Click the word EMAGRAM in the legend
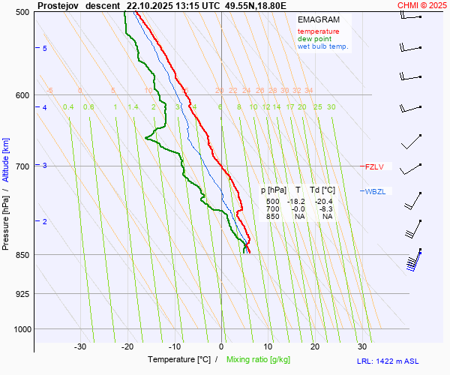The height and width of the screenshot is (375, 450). [x=319, y=19]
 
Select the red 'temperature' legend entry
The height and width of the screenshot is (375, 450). [x=318, y=31]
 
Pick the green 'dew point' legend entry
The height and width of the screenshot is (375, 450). [x=314, y=39]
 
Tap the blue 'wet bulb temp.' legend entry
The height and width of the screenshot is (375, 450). [x=322, y=46]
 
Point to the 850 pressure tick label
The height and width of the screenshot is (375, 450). [x=22, y=255]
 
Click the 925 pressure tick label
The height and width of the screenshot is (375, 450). [x=22, y=293]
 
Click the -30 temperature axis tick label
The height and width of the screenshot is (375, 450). [x=80, y=346]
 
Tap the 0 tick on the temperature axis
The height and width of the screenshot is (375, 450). [x=221, y=346]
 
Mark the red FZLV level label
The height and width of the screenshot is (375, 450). [x=374, y=166]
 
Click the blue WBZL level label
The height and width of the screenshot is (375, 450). [x=375, y=191]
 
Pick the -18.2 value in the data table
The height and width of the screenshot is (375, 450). [x=298, y=202]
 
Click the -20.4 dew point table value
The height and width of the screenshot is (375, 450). [x=325, y=202]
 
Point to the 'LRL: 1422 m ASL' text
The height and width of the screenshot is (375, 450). [x=403, y=361]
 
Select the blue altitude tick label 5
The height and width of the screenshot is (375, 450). [x=45, y=49]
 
